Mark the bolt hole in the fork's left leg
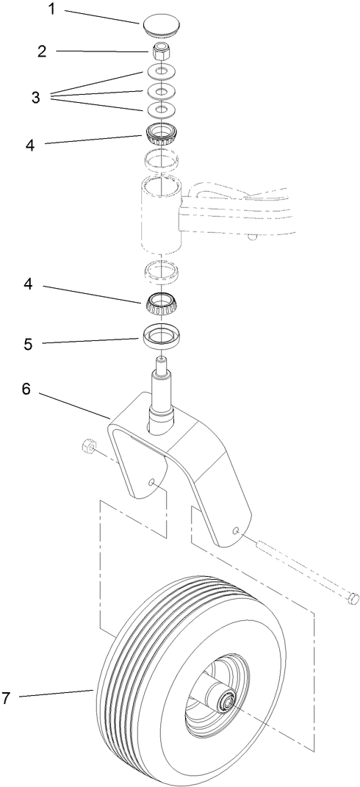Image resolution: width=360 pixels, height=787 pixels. pyautogui.click(x=150, y=483)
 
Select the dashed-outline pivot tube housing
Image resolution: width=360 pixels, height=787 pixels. pyautogui.click(x=158, y=213)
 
